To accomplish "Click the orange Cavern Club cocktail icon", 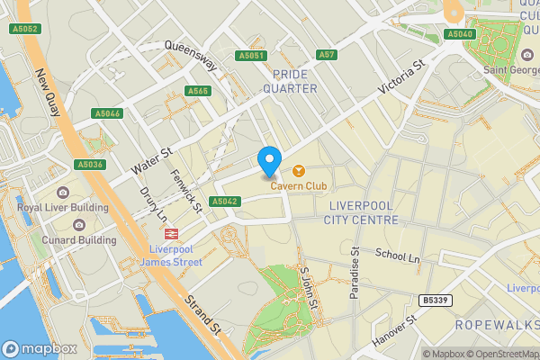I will point(298,170).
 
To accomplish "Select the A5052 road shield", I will point(26,29).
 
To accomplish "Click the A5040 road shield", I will point(459,34).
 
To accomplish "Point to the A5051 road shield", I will point(251,56).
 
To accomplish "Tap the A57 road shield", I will point(327,56).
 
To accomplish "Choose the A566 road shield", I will point(198,91).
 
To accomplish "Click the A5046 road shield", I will point(106,113).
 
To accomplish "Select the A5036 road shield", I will point(91,165).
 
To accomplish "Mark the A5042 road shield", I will point(224,202).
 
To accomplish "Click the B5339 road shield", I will point(436,300).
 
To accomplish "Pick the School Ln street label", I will point(398,256).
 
